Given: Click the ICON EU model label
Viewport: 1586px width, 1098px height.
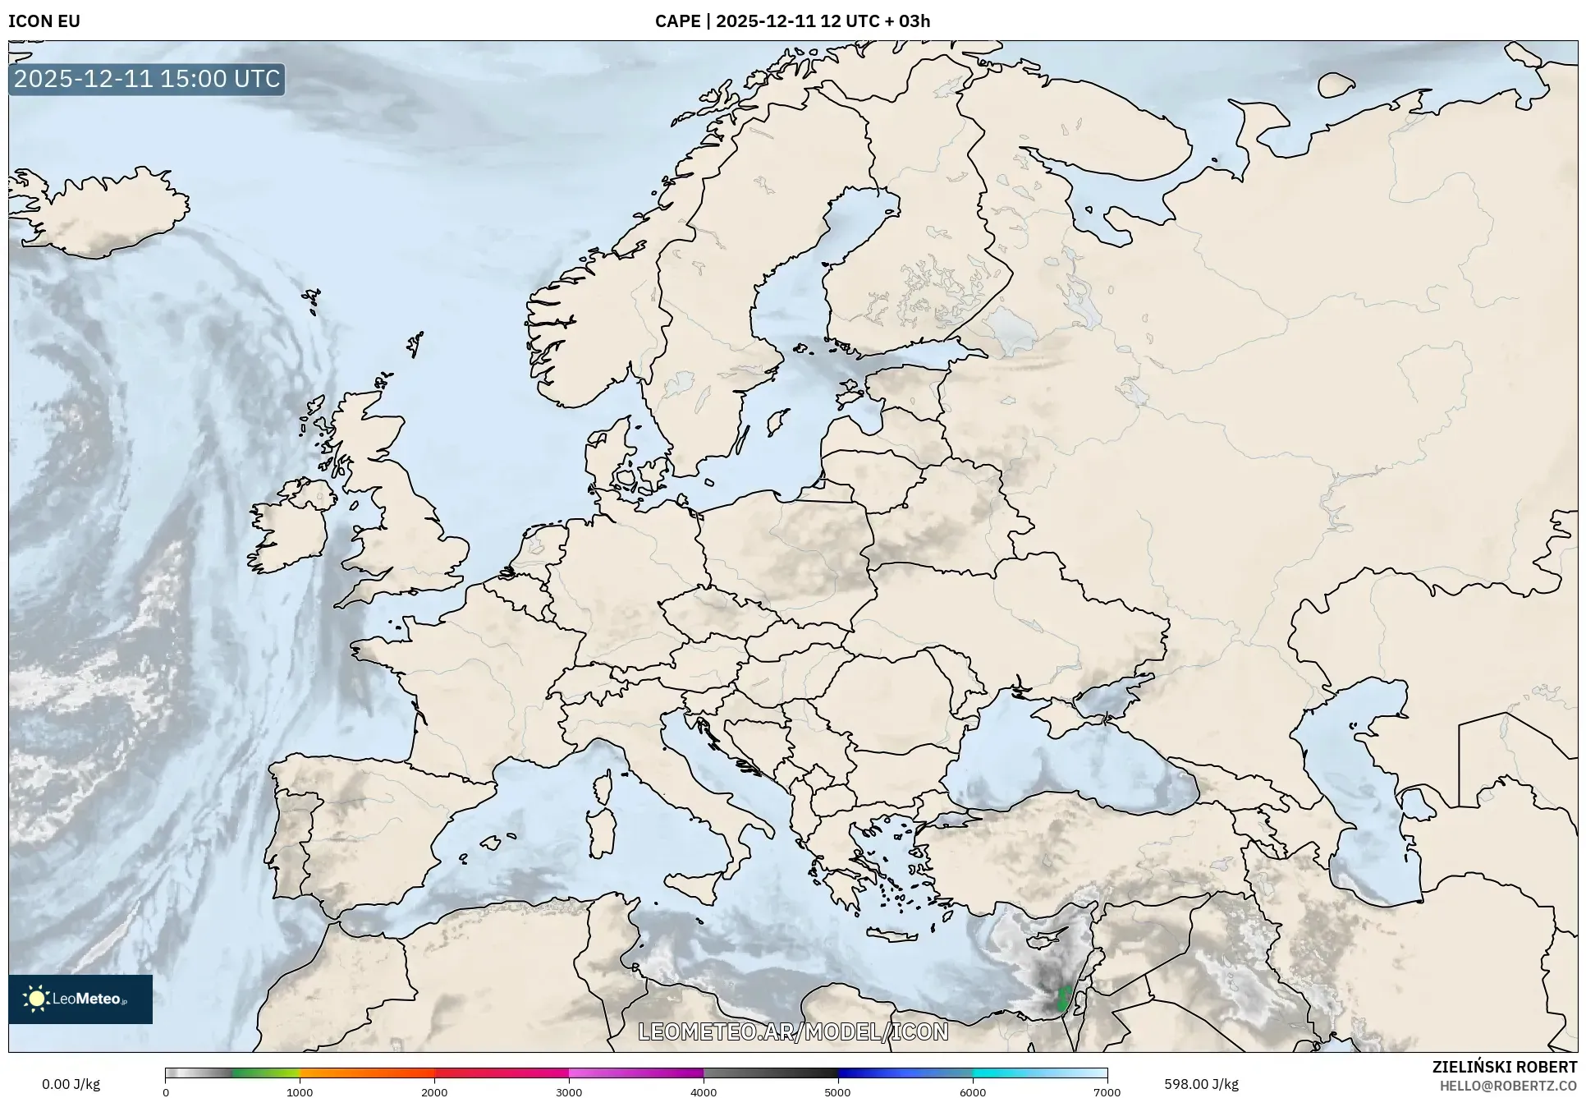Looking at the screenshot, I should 44,21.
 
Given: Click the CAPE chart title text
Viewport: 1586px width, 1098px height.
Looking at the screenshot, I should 792,21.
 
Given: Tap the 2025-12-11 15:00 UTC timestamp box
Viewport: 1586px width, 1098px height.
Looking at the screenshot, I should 147,79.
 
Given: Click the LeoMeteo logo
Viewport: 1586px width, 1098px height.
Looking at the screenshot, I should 80,999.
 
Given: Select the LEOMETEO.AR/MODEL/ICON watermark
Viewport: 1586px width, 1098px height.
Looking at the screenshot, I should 793,1031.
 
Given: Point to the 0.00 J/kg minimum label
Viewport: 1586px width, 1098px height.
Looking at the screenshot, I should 71,1084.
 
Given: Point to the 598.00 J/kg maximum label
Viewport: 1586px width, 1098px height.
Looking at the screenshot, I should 1201,1084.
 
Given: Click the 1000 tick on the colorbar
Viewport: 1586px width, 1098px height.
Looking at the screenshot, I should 300,1091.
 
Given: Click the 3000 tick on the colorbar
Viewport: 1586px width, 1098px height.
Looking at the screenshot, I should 569,1091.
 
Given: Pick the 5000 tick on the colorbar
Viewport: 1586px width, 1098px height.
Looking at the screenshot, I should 837,1091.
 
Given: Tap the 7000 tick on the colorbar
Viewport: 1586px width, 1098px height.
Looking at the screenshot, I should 1107,1091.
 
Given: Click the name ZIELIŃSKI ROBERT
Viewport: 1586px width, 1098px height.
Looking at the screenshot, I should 1504,1067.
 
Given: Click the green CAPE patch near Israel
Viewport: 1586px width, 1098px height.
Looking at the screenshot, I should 1064,999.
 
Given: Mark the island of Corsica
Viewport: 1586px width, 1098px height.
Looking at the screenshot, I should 603,787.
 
